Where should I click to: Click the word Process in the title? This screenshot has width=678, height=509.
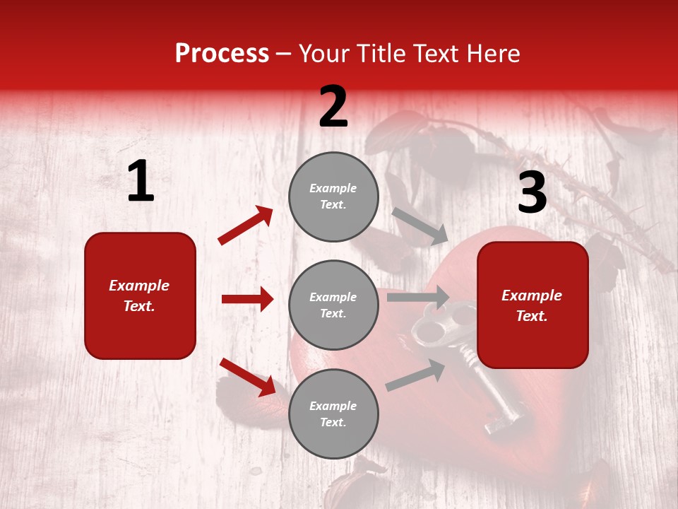222,54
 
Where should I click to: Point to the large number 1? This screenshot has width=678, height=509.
141,182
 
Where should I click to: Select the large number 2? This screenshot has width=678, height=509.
333,107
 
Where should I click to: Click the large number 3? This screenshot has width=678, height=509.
532,193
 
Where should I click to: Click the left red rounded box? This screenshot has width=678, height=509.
140,296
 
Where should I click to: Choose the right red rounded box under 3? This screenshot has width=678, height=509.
533,305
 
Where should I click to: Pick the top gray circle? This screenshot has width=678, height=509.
333,197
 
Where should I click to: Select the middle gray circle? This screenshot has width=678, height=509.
333,305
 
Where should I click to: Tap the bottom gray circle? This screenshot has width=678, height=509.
333,414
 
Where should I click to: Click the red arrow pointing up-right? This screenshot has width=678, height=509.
246,226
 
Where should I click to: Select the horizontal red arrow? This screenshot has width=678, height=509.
247,299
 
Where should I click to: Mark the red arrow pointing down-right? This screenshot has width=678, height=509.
247,376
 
